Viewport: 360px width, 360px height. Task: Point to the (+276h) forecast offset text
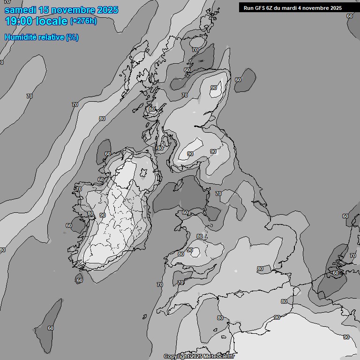83,21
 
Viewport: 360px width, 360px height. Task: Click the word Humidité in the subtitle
20,37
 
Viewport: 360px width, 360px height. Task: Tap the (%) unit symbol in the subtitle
72,37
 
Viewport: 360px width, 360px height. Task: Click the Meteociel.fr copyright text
220,356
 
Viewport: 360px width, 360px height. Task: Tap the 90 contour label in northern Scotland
214,88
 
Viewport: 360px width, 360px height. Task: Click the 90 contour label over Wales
190,250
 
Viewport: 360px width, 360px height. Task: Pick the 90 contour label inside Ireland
103,215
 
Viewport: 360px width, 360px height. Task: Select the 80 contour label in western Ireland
90,213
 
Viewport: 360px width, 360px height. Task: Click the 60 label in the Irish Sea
185,212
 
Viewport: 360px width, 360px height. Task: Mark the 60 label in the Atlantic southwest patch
51,328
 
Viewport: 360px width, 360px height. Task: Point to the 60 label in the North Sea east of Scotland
238,79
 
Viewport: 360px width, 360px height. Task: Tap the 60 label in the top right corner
350,16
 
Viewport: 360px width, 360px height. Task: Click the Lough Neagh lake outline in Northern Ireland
143,173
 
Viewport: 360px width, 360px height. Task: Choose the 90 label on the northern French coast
277,317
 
